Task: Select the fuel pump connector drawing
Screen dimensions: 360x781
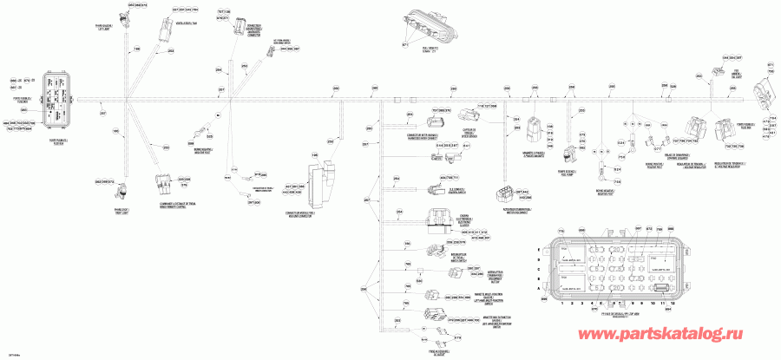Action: click(568, 154)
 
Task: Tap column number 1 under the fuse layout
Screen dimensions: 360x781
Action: click(561, 304)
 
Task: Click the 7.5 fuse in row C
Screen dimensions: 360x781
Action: click(607, 265)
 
